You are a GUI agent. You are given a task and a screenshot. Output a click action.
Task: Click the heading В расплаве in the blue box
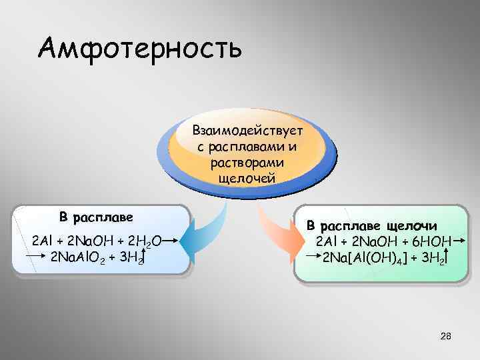(96, 217)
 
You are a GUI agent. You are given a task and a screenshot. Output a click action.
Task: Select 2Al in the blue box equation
(42, 240)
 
